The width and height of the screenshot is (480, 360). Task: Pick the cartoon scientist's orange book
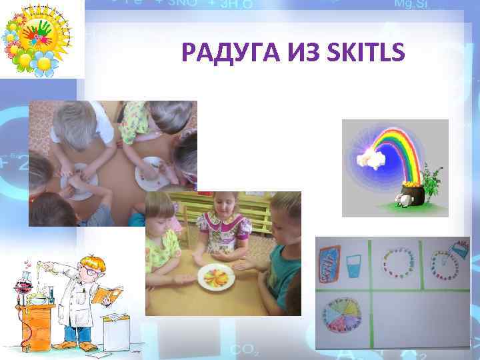[x=108, y=294]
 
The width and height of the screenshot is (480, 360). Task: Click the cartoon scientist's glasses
[x=87, y=270]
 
